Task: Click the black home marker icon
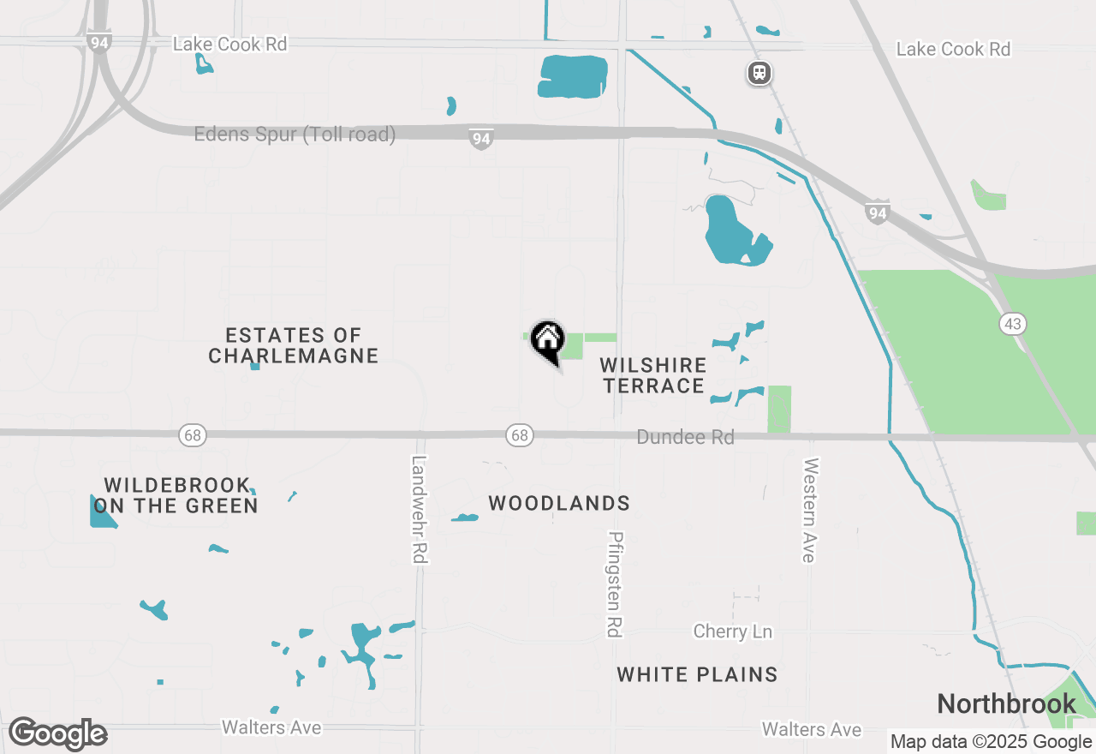547,340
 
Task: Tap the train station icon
759,73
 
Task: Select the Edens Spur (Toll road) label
295,135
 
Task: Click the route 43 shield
1012,324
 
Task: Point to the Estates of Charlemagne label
294,345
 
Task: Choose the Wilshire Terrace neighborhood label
653,375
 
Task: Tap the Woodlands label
559,504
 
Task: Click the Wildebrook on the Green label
176,496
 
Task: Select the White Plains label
697,674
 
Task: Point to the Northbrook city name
1006,704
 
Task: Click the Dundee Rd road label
685,437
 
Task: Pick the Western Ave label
809,510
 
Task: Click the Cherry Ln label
732,631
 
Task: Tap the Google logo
57,734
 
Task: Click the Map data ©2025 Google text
991,742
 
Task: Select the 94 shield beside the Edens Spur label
481,138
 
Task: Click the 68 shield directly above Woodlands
520,435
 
